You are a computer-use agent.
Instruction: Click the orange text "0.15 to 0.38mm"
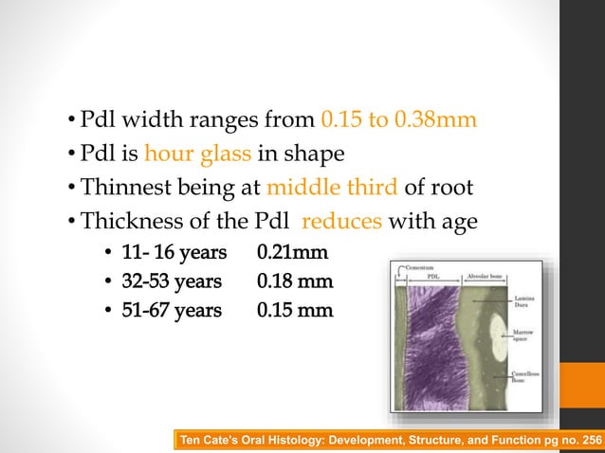click(x=398, y=121)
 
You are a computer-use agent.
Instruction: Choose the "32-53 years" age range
click(x=174, y=281)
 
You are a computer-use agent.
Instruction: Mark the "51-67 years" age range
click(x=174, y=309)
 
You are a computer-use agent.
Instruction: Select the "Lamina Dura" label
click(x=523, y=302)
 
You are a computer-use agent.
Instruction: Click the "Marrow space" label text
click(x=523, y=336)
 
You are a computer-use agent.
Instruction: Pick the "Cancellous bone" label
click(x=524, y=376)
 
